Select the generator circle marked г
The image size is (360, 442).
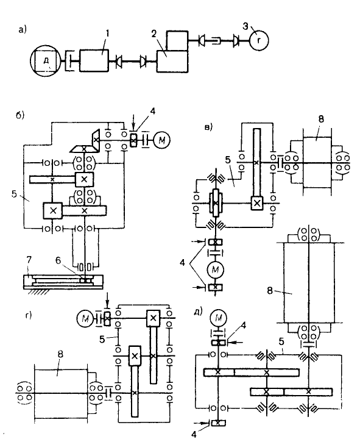259,40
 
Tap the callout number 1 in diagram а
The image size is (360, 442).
107,34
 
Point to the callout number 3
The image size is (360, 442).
245,26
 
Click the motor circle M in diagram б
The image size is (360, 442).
161,140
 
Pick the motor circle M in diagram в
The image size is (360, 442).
215,270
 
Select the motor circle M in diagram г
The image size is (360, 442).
85,318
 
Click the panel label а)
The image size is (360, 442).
23,29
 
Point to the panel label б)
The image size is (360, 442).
20,115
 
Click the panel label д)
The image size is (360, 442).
198,312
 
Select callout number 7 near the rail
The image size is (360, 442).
29,259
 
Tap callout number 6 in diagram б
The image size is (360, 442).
58,261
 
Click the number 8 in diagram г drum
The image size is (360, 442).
60,354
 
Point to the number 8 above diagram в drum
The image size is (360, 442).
321,119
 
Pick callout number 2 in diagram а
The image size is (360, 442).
154,34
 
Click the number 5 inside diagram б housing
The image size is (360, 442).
15,194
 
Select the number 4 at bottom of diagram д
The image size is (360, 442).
194,435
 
